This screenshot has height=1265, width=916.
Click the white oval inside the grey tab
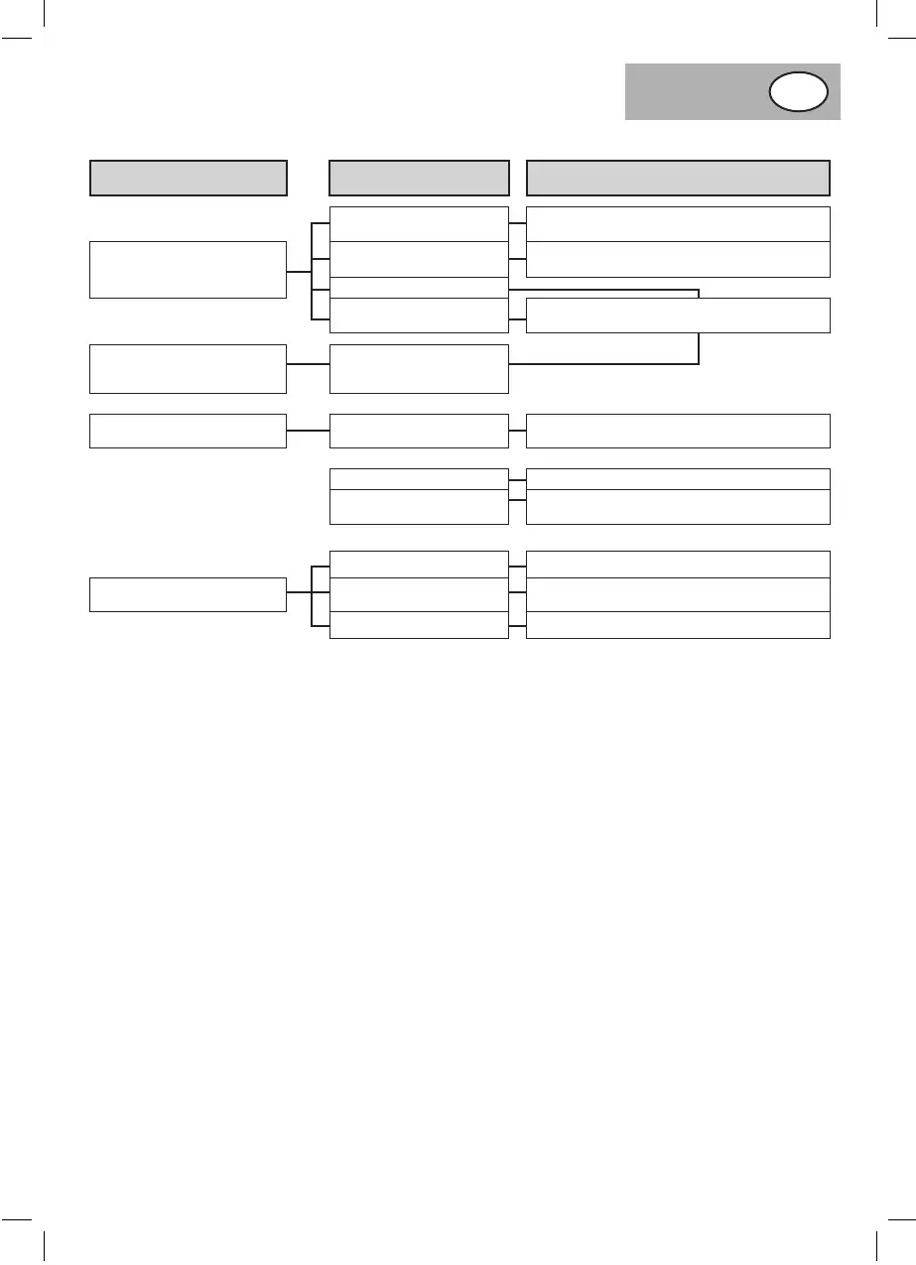coord(798,91)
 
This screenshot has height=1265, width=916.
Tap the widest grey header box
coord(678,178)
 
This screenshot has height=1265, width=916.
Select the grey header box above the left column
coord(189,178)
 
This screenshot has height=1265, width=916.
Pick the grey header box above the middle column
coord(419,178)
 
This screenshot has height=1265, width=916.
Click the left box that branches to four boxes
coord(189,269)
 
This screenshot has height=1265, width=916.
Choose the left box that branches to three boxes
coord(189,594)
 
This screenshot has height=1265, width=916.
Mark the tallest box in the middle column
coord(419,369)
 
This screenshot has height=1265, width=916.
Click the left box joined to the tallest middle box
coord(189,369)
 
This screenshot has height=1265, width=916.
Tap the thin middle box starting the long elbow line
coord(419,288)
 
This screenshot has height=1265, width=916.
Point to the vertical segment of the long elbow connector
coord(700,327)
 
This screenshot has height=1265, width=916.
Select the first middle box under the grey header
coord(419,224)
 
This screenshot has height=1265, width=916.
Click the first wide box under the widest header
coord(678,224)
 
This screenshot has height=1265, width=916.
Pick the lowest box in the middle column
coord(419,625)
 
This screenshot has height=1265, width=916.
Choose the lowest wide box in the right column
coord(678,625)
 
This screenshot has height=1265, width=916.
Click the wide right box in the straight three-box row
coord(678,431)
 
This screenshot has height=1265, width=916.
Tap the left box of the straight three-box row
coord(189,431)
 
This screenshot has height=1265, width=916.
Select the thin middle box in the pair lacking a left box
coord(419,478)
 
